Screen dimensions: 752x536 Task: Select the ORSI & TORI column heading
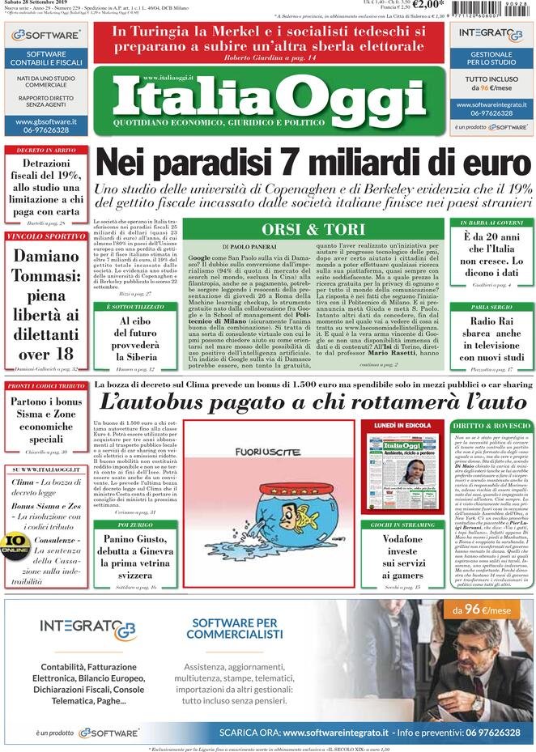[313, 229]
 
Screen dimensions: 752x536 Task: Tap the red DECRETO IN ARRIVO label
[45, 151]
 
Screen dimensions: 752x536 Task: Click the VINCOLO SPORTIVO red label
[45, 236]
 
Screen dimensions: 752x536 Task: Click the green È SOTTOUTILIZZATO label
[134, 308]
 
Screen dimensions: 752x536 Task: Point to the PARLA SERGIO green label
[491, 308]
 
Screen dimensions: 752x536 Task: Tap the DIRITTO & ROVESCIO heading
[491, 426]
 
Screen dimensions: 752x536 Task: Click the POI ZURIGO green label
[134, 525]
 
